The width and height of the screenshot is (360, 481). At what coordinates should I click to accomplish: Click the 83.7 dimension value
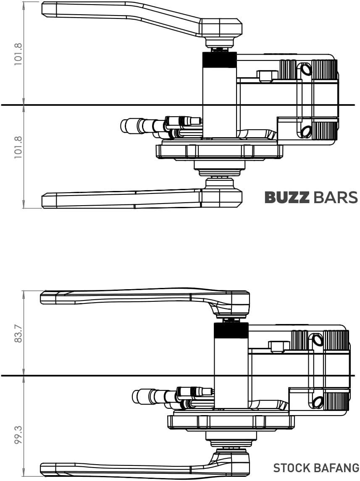click(x=18, y=333)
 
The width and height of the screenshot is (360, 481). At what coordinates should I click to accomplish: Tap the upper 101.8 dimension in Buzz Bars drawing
click(x=18, y=54)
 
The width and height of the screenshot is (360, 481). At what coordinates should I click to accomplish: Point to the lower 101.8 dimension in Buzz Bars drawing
click(x=18, y=146)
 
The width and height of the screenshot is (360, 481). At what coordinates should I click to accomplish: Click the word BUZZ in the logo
click(x=287, y=198)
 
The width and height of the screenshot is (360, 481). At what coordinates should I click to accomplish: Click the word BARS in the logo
click(x=335, y=198)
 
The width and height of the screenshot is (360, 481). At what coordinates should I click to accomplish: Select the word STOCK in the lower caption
click(x=292, y=468)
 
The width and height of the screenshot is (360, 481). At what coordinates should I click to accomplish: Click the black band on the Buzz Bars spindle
click(x=219, y=60)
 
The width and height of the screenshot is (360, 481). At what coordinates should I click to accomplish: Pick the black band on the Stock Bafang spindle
click(x=231, y=331)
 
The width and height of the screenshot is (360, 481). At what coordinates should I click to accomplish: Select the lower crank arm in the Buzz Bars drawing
click(x=122, y=199)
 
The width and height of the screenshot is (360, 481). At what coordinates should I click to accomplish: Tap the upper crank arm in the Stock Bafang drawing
click(x=126, y=297)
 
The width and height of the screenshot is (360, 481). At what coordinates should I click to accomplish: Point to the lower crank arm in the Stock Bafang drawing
click(x=126, y=467)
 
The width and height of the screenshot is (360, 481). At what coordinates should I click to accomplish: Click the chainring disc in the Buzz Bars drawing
click(x=218, y=151)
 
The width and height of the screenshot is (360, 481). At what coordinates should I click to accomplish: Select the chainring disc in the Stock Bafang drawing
click(x=230, y=422)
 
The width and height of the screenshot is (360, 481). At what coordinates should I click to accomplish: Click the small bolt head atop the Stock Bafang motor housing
click(x=279, y=346)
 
